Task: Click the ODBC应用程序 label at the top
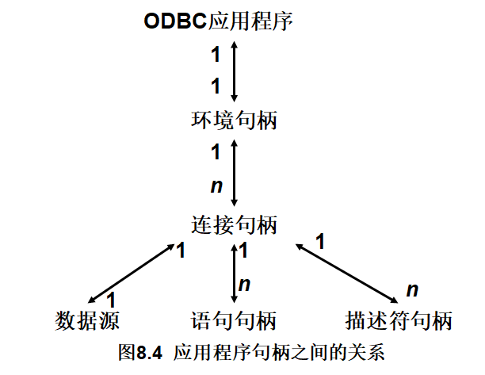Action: (219, 21)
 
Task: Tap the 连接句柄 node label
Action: (234, 224)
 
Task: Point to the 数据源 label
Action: (87, 322)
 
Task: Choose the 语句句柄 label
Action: (234, 322)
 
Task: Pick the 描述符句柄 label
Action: (399, 322)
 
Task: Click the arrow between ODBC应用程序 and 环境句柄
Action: (234, 71)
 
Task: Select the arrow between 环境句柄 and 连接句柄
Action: (234, 171)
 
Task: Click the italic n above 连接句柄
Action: (215, 186)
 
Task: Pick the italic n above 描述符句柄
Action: (412, 289)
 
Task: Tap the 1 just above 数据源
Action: (111, 300)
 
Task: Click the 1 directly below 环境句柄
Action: (216, 152)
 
